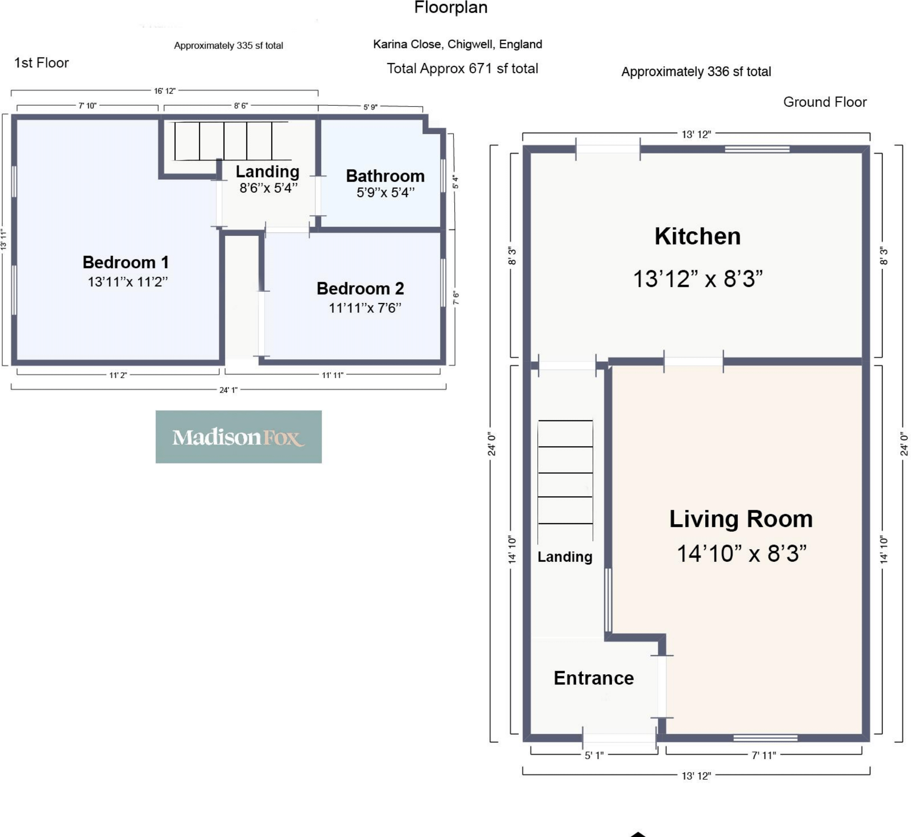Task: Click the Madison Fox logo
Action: (x=238, y=437)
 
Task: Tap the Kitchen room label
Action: (x=698, y=236)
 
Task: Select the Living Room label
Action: (x=741, y=519)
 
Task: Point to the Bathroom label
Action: (x=385, y=176)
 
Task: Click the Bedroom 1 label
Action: (x=126, y=262)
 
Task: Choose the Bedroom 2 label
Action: (x=360, y=288)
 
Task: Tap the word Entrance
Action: (x=594, y=678)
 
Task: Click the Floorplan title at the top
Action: (x=451, y=8)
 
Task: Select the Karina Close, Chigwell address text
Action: (x=458, y=44)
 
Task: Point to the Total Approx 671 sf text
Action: (x=462, y=69)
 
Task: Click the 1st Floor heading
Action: (x=41, y=63)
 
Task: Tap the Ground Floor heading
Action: (x=825, y=102)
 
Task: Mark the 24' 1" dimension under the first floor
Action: (x=229, y=390)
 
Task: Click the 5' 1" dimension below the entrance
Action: (x=594, y=755)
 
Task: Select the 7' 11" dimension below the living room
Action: (x=764, y=755)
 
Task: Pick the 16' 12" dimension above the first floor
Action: (x=165, y=91)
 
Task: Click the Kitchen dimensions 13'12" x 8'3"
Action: (x=698, y=279)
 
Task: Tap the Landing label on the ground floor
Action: (x=565, y=557)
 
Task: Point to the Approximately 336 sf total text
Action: (x=696, y=72)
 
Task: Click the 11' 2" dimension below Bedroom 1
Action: (x=118, y=375)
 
